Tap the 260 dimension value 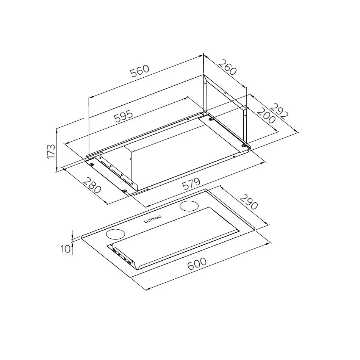[227, 67]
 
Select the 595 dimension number [124, 116]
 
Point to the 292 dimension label [279, 111]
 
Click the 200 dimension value [266, 116]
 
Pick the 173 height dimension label [51, 151]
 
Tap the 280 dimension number [92, 186]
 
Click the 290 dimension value [249, 202]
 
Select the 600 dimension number [197, 264]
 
